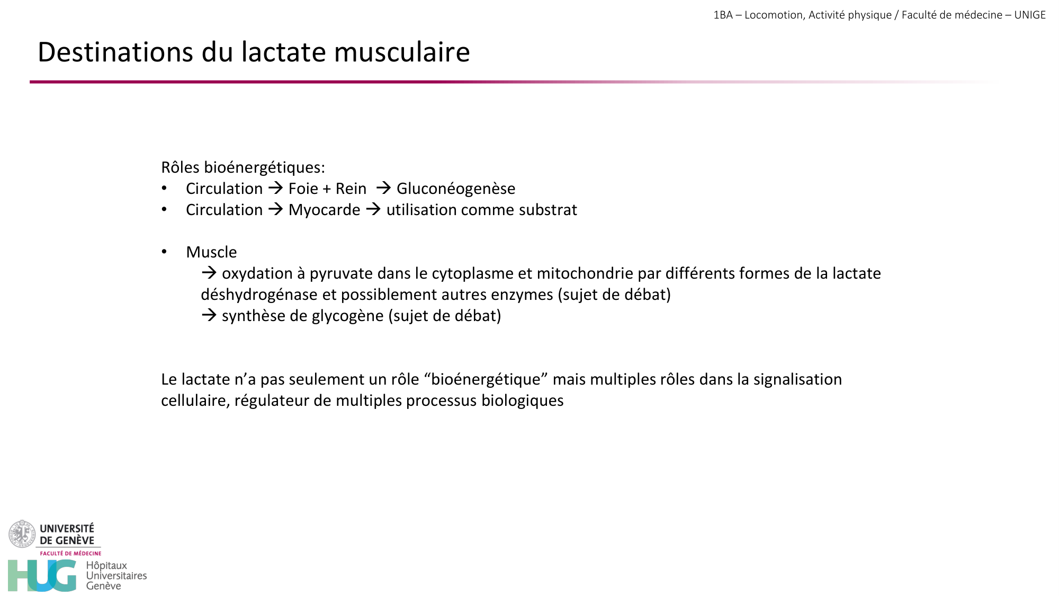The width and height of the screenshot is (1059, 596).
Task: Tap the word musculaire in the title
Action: click(402, 52)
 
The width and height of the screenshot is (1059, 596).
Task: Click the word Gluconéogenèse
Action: click(455, 189)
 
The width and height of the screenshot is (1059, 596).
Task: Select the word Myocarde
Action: click(324, 210)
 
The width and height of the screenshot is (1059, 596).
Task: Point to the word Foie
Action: click(303, 189)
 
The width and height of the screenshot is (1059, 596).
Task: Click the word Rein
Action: click(351, 189)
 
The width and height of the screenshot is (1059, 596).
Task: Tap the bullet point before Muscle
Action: click(164, 252)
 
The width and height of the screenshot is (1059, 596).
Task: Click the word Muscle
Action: click(211, 252)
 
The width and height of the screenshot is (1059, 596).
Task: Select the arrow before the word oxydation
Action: click(209, 273)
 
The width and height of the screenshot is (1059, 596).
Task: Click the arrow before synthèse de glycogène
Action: click(209, 315)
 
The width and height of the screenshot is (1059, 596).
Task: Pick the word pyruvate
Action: click(341, 273)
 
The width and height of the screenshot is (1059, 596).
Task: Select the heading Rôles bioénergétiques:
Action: click(243, 167)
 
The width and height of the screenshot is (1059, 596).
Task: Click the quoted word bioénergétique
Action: click(486, 379)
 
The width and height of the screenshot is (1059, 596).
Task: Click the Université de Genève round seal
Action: click(22, 534)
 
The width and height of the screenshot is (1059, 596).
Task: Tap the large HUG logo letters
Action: click(42, 576)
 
